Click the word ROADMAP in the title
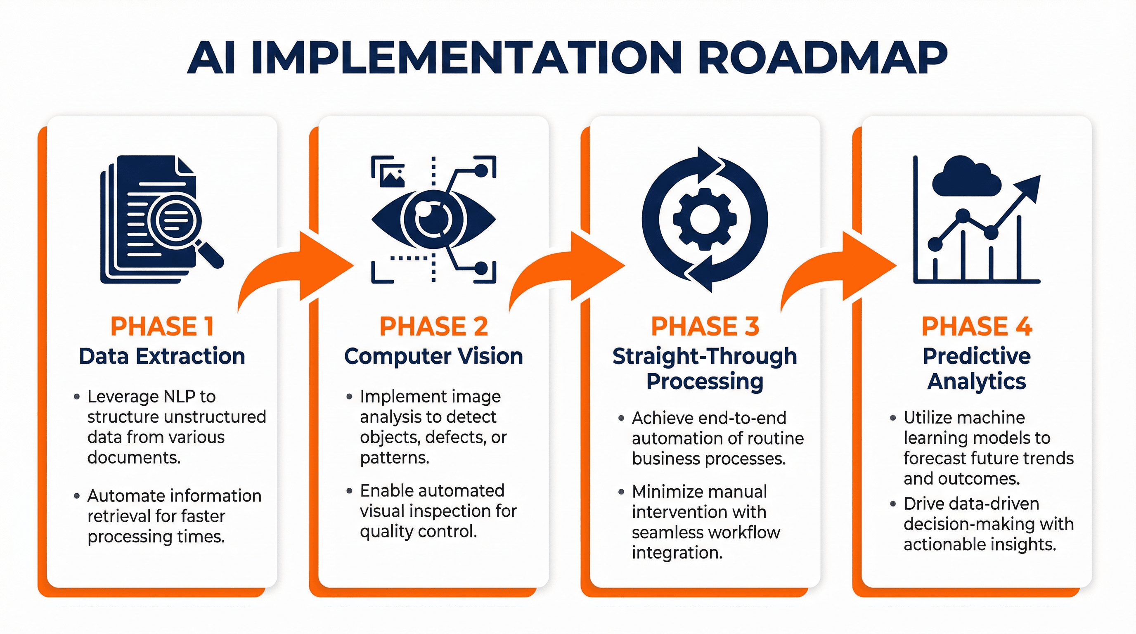[822, 58]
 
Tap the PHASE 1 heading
[162, 326]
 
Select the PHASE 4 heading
[976, 326]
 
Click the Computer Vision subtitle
[433, 356]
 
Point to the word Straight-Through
[704, 356]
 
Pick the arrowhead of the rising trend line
[1030, 187]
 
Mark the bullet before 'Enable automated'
[349, 491]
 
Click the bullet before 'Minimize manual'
[621, 492]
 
